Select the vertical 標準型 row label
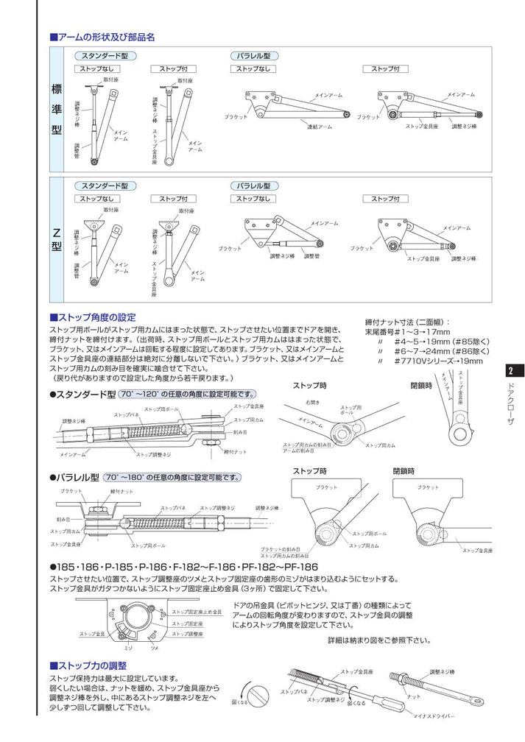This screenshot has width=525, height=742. pos(57,108)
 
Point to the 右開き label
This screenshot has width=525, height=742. pos(312,402)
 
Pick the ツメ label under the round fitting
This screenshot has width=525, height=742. pos(154,647)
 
